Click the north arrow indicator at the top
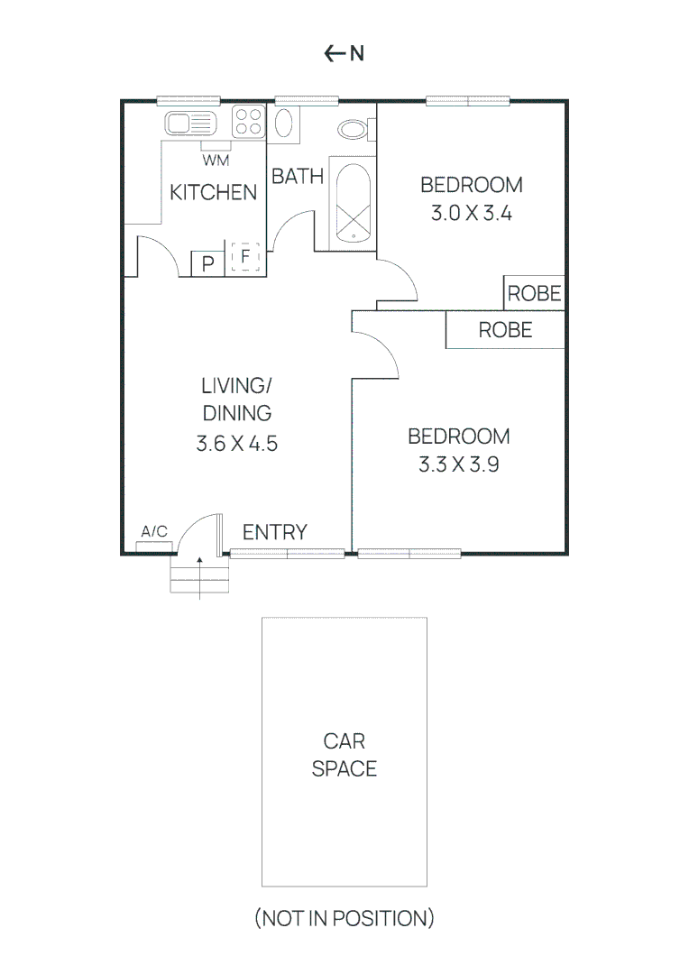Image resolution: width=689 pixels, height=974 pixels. [x=344, y=53]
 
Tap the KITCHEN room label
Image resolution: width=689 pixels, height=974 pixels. [x=214, y=192]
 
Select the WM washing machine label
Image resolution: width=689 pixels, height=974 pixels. [x=215, y=161]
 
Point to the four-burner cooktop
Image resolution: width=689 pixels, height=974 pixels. [x=248, y=122]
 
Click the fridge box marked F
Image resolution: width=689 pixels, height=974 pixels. [x=244, y=258]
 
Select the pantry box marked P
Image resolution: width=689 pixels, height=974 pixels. [x=207, y=263]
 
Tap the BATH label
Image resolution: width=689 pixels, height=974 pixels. [x=298, y=176]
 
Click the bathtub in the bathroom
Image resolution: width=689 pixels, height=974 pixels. [x=353, y=204]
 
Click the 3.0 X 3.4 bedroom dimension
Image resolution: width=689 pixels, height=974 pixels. [x=471, y=215]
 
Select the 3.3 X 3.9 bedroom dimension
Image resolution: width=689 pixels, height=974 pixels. [x=458, y=465]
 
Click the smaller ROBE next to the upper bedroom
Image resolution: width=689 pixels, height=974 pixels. [x=534, y=293]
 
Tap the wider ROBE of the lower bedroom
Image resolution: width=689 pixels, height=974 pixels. [x=505, y=330]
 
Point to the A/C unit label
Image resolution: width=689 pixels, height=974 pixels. [x=154, y=532]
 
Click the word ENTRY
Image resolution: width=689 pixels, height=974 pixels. [x=274, y=532]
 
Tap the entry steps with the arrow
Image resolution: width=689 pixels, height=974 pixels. [x=199, y=574]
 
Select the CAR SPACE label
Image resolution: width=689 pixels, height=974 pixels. [x=344, y=755]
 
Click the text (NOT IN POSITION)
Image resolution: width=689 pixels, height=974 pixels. [x=344, y=919]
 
